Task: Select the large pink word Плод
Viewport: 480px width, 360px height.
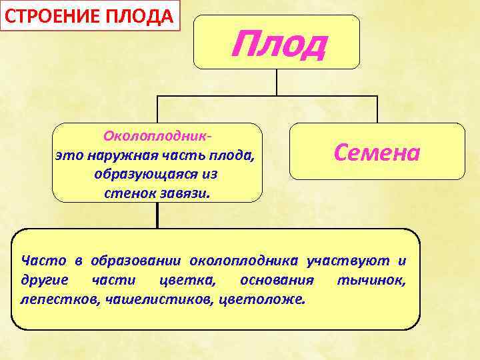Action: point(279,44)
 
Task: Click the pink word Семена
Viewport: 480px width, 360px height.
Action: point(377,153)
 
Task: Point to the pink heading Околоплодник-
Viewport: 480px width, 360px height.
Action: point(158,135)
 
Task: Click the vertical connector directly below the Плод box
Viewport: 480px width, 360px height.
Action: point(277,82)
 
